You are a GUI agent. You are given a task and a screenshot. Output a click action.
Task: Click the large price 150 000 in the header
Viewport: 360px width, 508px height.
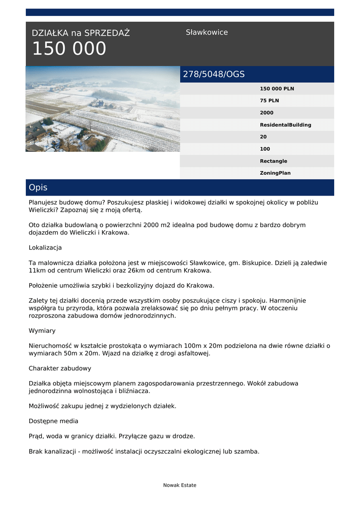click(x=69, y=49)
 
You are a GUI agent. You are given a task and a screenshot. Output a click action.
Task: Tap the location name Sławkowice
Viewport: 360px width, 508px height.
click(x=207, y=32)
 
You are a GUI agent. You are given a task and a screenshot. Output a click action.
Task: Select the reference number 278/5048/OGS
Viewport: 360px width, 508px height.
click(x=214, y=74)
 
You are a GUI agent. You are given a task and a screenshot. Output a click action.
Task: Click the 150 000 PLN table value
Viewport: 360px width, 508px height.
click(x=277, y=89)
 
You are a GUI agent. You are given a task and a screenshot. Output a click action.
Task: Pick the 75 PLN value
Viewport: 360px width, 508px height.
click(x=269, y=101)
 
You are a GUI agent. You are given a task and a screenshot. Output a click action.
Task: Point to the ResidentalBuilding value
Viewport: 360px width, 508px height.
click(x=285, y=125)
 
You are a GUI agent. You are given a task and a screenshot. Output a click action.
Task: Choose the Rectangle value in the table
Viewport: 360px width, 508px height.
click(x=273, y=161)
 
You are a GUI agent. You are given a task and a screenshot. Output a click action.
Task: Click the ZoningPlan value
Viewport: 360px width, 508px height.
click(x=275, y=173)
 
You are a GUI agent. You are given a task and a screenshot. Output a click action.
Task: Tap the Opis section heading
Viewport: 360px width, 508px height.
click(x=38, y=188)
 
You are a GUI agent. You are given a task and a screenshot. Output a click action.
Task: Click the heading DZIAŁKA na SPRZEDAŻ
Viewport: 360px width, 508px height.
click(x=80, y=33)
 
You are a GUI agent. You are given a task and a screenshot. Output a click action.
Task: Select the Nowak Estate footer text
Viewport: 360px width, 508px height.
click(x=180, y=485)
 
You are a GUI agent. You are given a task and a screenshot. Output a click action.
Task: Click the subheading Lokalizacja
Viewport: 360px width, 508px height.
click(x=45, y=248)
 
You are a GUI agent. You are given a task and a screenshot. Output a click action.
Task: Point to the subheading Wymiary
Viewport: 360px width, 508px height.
click(x=42, y=330)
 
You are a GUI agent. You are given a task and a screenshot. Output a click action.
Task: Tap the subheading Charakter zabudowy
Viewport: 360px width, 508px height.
click(x=60, y=369)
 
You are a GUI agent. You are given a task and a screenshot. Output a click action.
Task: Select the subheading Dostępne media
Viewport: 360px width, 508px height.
click(x=53, y=421)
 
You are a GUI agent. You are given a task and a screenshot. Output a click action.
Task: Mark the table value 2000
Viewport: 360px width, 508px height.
click(x=267, y=113)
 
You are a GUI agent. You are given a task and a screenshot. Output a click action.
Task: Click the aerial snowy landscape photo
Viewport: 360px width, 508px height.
click(x=102, y=109)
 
